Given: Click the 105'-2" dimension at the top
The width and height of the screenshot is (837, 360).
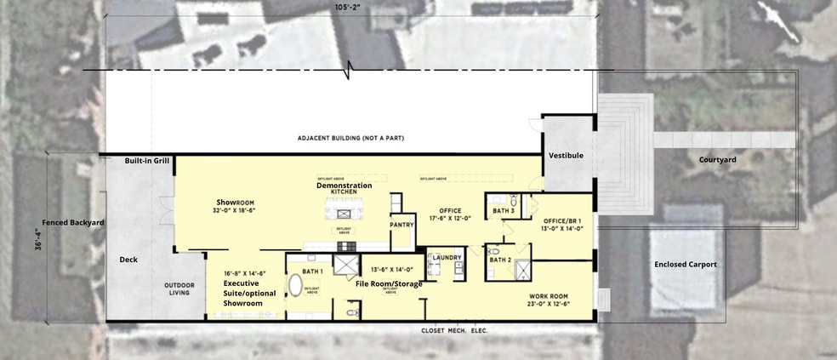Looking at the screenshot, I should (x=347, y=9).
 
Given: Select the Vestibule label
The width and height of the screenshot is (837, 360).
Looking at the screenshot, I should (x=566, y=156).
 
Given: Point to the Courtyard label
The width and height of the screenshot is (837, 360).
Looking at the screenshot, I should (x=717, y=159).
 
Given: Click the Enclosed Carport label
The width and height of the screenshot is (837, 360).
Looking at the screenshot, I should (x=685, y=265).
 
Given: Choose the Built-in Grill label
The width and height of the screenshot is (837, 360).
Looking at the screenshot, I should (x=147, y=161).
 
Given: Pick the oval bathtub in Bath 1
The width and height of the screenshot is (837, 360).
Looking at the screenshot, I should (x=296, y=284).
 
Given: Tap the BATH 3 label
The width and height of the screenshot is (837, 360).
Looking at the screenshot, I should (x=504, y=209).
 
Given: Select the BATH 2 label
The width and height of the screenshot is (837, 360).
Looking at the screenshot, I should (x=500, y=260).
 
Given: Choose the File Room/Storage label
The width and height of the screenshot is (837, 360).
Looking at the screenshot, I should (x=389, y=283).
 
